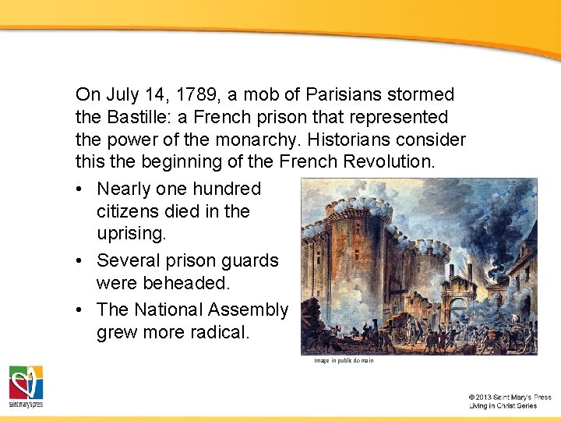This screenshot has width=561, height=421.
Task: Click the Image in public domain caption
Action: click(344, 361)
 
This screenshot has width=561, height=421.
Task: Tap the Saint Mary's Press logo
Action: click(26, 386)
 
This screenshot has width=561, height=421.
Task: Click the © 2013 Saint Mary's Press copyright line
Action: click(510, 398)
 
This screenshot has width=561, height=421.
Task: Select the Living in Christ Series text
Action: click(503, 406)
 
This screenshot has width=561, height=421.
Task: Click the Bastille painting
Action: click(418, 266)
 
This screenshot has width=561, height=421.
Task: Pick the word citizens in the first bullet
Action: click(130, 211)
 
